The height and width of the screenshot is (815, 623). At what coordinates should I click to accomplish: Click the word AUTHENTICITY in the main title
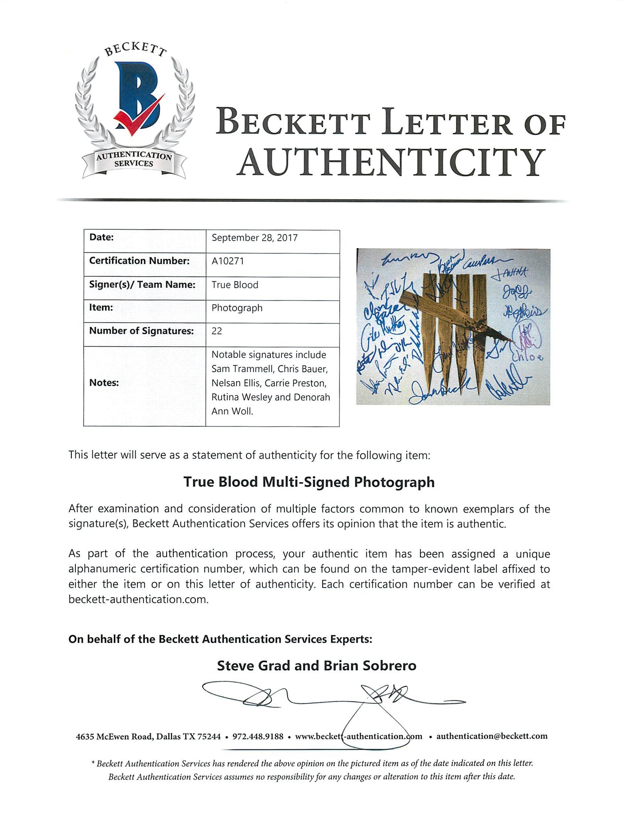tap(391, 162)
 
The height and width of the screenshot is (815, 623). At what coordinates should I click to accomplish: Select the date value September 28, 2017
tap(254, 238)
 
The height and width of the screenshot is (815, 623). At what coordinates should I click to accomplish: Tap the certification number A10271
tap(228, 261)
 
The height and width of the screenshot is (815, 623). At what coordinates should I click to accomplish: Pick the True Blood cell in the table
tap(235, 285)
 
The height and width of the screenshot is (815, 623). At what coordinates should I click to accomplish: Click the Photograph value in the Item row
tap(237, 308)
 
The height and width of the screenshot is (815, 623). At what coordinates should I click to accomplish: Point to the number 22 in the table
tap(217, 331)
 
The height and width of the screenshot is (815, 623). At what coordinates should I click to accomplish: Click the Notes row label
tap(104, 382)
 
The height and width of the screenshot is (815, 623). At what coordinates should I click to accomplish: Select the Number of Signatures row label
tap(141, 331)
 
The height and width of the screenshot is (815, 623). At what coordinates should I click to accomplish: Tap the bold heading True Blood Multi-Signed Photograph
tap(309, 482)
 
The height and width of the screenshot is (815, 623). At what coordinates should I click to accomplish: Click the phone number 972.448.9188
tap(258, 736)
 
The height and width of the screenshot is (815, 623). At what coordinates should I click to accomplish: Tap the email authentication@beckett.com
tap(492, 736)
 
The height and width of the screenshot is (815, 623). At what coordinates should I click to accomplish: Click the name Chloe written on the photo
tap(527, 357)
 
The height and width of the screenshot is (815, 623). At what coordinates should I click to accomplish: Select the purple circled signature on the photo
tap(527, 337)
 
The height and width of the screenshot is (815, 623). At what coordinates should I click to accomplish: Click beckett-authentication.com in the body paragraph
tap(138, 599)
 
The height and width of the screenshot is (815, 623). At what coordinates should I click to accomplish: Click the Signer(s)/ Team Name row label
tap(142, 284)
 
